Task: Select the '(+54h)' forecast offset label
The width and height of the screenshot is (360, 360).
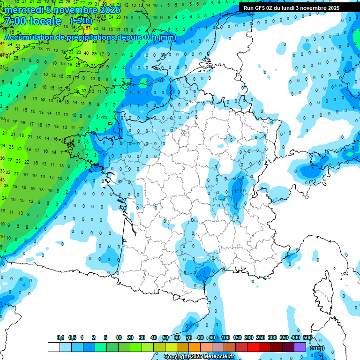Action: click(x=81, y=21)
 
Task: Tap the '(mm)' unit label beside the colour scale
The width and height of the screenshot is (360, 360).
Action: click(x=317, y=347)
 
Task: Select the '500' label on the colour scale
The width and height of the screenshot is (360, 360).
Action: click(x=307, y=337)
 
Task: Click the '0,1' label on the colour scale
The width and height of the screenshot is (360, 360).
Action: click(x=60, y=337)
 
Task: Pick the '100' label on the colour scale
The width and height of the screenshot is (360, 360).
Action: click(x=225, y=337)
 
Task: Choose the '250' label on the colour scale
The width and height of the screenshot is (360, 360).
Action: click(x=261, y=337)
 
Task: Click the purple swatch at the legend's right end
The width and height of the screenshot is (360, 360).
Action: click(x=300, y=347)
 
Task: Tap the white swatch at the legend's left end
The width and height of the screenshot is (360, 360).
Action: click(x=53, y=347)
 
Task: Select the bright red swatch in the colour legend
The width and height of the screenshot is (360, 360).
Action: click(x=253, y=347)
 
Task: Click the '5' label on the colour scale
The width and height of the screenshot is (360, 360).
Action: click(x=106, y=337)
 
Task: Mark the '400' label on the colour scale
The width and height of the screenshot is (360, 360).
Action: click(x=296, y=337)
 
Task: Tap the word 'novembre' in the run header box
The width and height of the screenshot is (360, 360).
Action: click(x=312, y=7)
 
